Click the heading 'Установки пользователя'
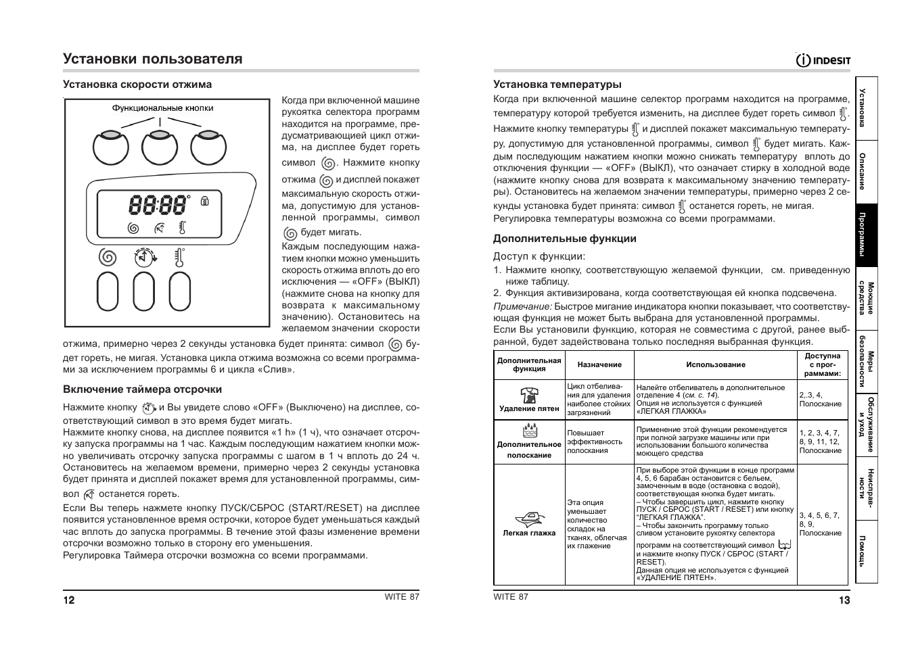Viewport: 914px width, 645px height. pyautogui.click(x=153, y=59)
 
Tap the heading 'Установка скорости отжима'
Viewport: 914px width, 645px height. pyautogui.click(x=137, y=85)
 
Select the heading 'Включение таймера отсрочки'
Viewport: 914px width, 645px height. pyautogui.click(x=142, y=389)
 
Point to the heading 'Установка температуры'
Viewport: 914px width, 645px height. pyautogui.click(x=557, y=85)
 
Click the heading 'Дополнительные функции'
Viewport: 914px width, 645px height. pyautogui.click(x=564, y=239)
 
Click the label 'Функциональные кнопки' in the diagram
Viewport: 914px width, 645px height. pyautogui.click(x=162, y=108)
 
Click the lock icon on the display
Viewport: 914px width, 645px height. pyautogui.click(x=205, y=201)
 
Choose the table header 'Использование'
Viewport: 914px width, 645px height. pyautogui.click(x=715, y=364)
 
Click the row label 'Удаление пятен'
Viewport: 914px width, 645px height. pyautogui.click(x=529, y=408)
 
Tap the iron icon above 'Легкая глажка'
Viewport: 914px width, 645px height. pyautogui.click(x=529, y=519)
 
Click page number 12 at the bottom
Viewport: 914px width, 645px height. pyautogui.click(x=69, y=600)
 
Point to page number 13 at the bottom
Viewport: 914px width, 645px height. pyautogui.click(x=844, y=600)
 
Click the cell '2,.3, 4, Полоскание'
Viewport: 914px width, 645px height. pyautogui.click(x=821, y=400)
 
